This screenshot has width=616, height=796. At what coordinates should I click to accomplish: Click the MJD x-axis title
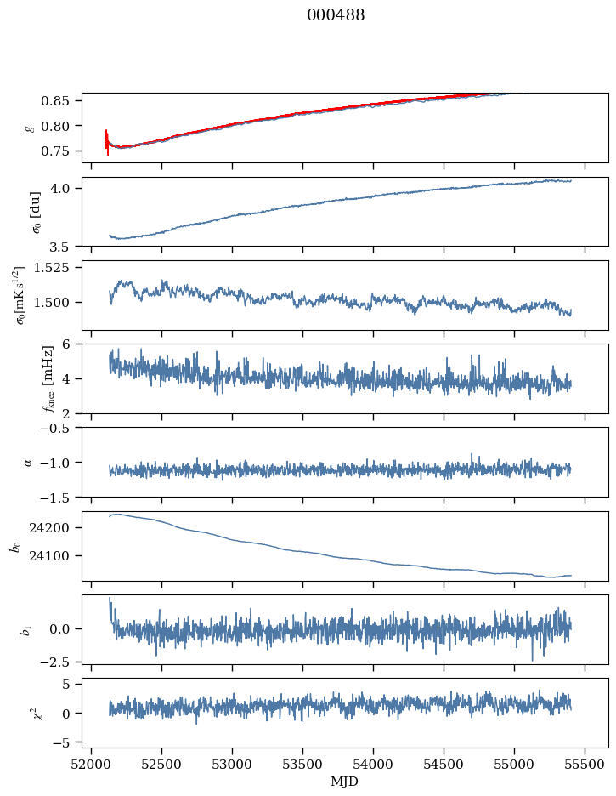345,782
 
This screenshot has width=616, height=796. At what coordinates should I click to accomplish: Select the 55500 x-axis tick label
585,764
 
